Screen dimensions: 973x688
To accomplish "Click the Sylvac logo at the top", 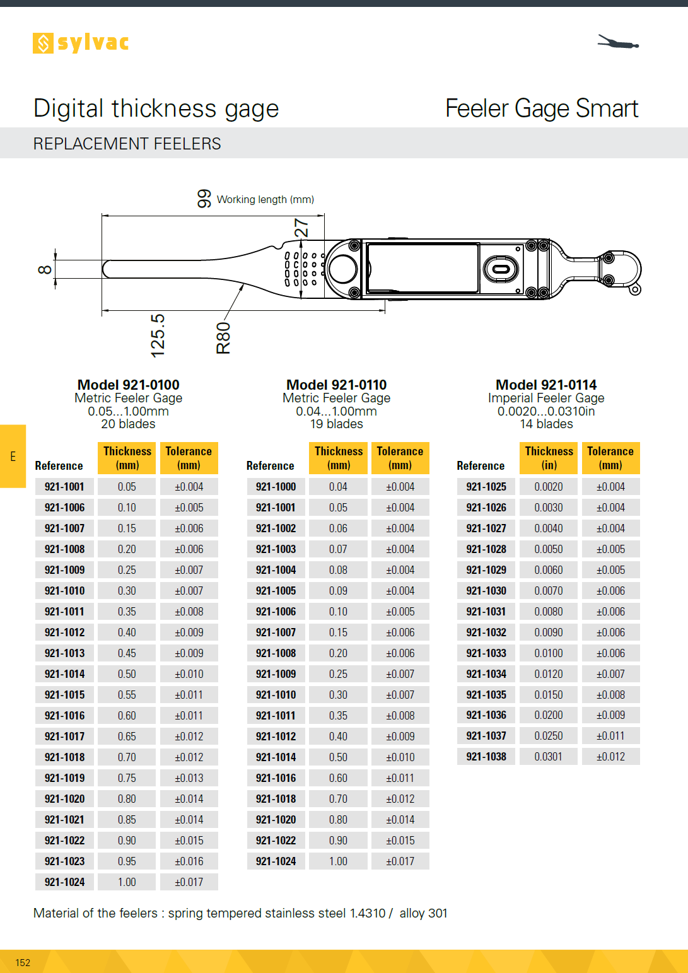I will (x=81, y=43).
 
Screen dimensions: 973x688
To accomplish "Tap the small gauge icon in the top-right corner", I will (x=618, y=43).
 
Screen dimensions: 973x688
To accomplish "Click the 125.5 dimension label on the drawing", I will (x=158, y=335).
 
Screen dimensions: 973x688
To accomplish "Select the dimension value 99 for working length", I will (x=204, y=199).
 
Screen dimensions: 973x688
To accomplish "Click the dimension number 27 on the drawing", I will (x=301, y=228).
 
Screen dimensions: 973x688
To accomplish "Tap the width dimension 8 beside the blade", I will (x=45, y=270).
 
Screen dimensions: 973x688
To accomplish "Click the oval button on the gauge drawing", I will (x=501, y=269).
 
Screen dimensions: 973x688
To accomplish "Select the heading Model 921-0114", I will (x=546, y=385).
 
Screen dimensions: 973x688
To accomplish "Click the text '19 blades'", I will (x=336, y=424).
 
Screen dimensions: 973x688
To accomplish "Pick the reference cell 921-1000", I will (x=276, y=487).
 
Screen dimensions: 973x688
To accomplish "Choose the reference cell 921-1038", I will (x=486, y=757).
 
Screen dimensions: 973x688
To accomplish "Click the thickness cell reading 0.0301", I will (x=548, y=757).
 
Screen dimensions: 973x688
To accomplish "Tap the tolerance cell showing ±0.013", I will (x=189, y=778).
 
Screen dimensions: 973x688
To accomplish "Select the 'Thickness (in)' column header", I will (x=549, y=458).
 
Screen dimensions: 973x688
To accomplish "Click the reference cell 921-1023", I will (x=64, y=861).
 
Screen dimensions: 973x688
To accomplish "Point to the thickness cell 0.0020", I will (x=548, y=487).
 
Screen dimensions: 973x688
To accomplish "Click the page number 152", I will (x=23, y=962).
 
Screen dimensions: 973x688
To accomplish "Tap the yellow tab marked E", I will (x=13, y=456).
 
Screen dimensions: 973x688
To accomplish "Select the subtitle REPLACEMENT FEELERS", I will (x=127, y=144).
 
